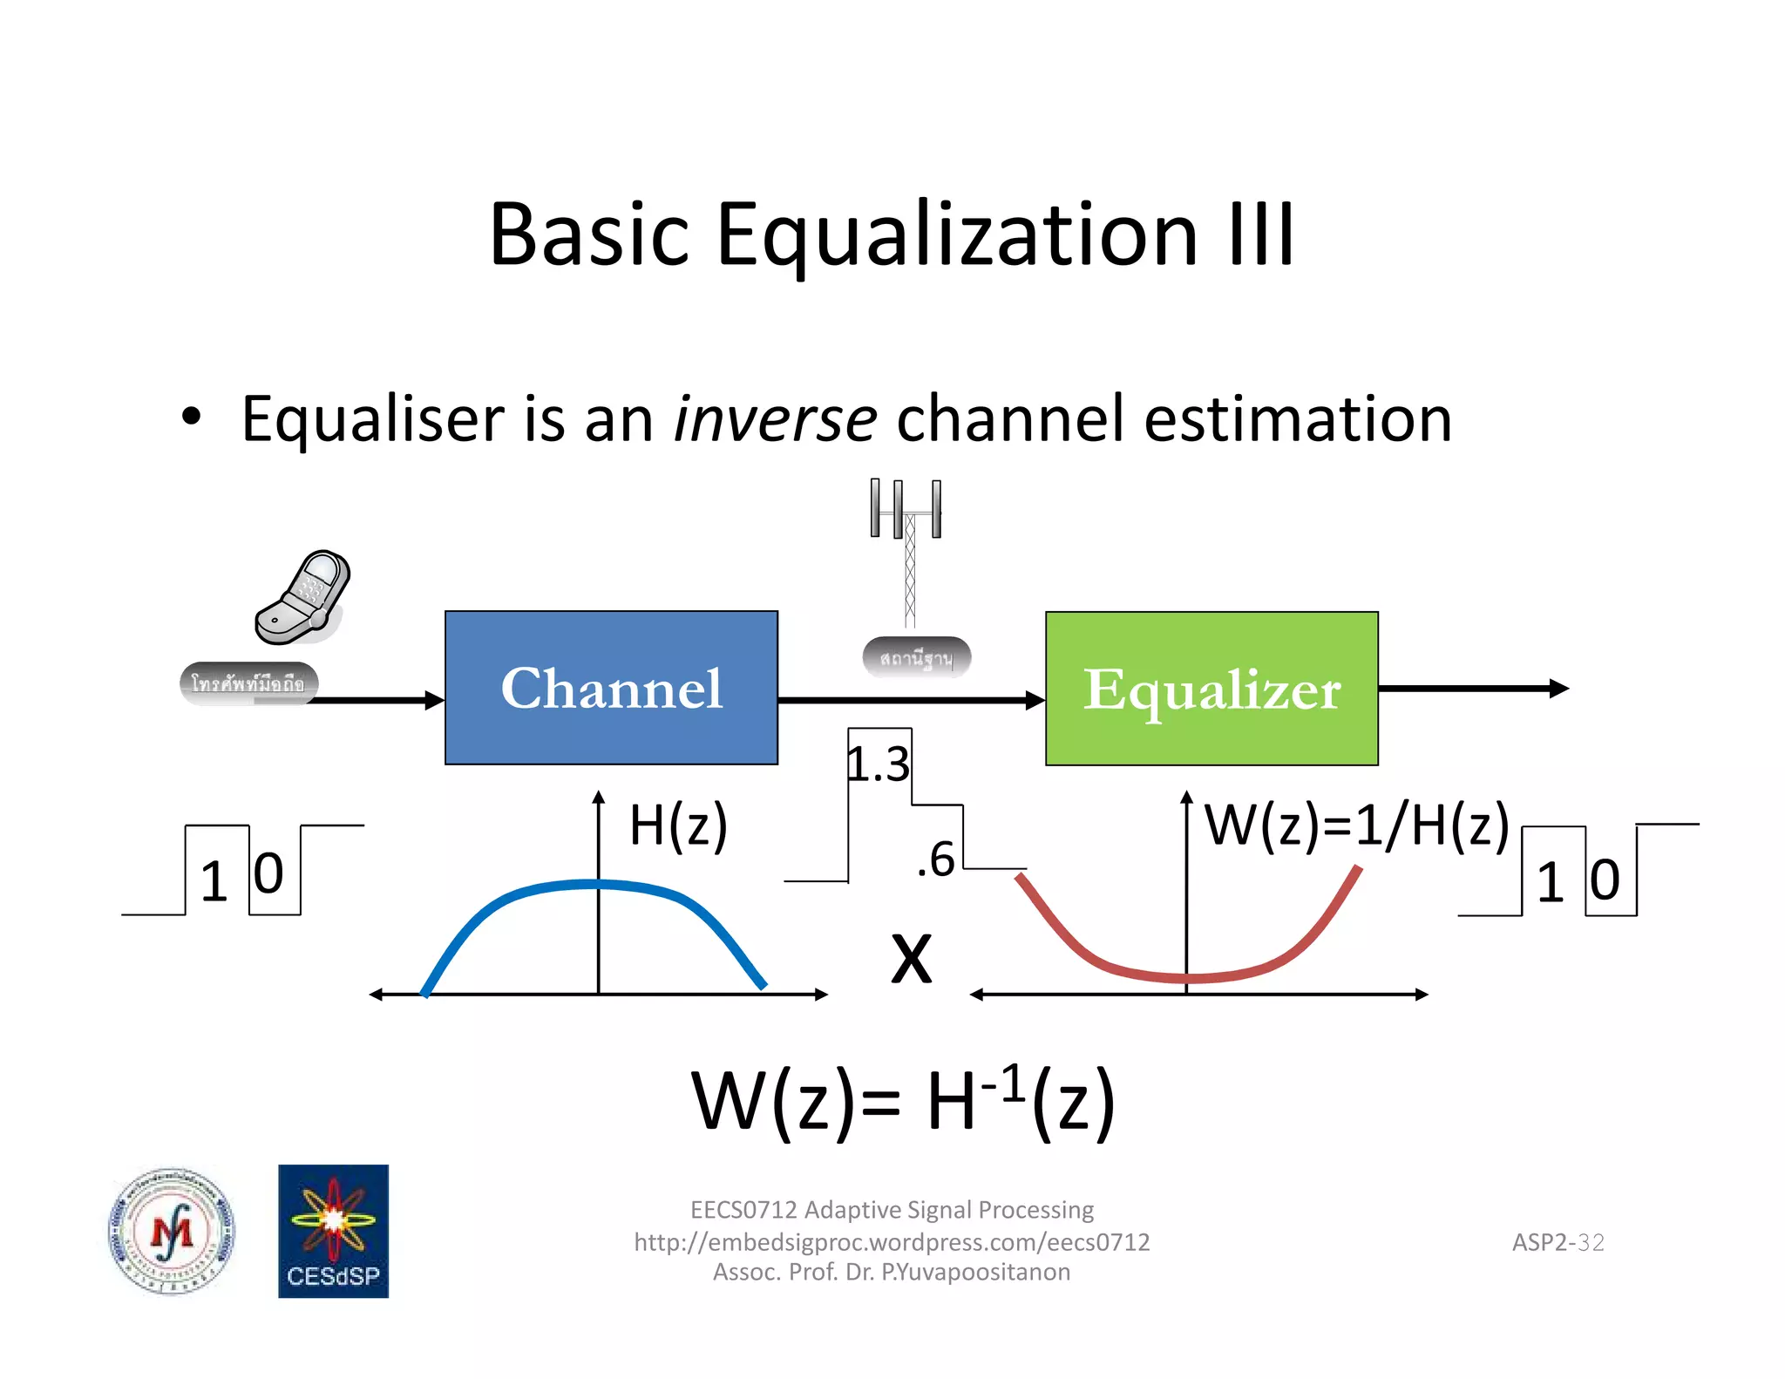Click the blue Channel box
(611, 688)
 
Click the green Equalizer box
(1211, 689)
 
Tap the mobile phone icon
(302, 598)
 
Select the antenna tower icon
(907, 549)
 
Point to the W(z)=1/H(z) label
(1356, 825)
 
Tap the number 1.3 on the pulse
(879, 764)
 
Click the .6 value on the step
(936, 859)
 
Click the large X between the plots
(912, 959)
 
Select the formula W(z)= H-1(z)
(903, 1101)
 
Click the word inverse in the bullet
(775, 419)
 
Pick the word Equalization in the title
(956, 234)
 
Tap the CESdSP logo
(333, 1231)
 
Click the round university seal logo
(172, 1231)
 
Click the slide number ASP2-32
(1558, 1242)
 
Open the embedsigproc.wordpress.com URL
(892, 1241)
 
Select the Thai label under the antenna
(916, 658)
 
